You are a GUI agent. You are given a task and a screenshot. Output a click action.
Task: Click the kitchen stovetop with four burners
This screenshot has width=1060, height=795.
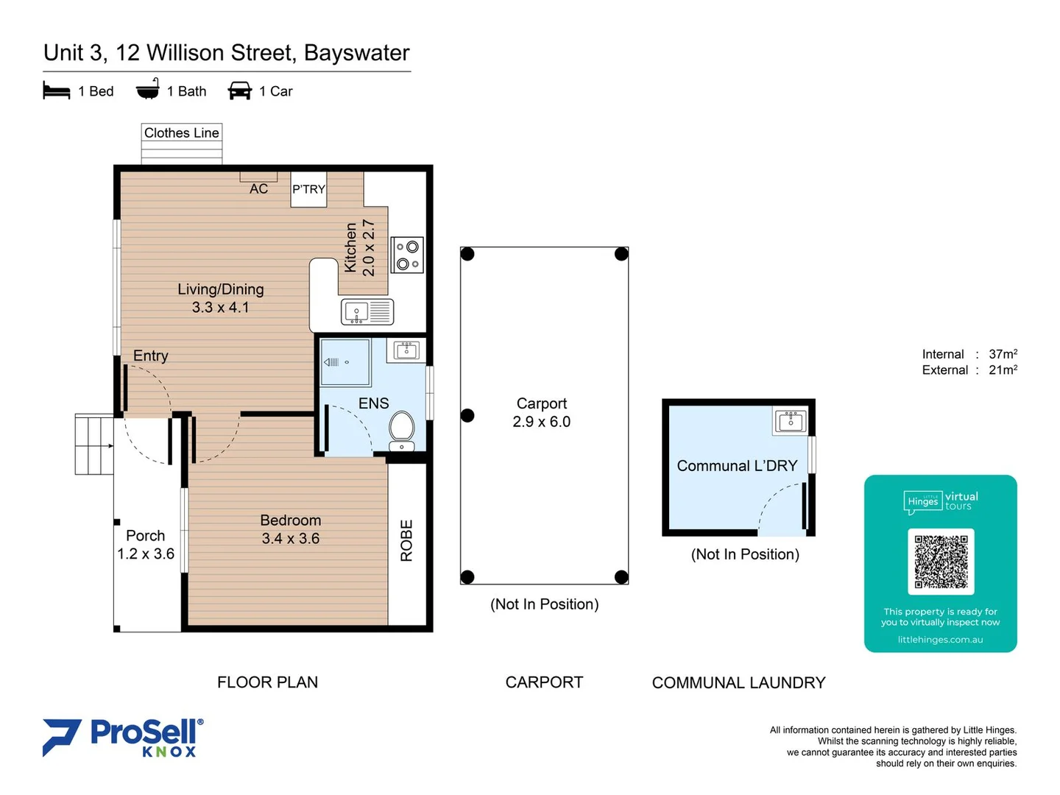[407, 255]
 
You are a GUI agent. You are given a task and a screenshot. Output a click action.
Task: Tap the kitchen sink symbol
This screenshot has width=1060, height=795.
[367, 312]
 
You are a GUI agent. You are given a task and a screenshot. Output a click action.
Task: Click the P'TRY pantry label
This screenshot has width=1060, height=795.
[308, 189]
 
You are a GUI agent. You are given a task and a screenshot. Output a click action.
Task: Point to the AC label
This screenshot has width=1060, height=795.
[258, 189]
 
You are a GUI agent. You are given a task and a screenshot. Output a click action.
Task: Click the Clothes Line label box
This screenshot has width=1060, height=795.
[182, 133]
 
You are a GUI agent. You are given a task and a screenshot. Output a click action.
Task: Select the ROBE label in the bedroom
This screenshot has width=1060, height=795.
[406, 541]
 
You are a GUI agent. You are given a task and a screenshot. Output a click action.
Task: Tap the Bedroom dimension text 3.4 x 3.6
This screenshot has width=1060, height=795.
[290, 539]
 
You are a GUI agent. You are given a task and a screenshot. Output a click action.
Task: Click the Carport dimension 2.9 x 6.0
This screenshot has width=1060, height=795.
[542, 422]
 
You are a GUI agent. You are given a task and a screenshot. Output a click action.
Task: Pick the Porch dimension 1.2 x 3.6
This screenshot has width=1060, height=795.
[146, 554]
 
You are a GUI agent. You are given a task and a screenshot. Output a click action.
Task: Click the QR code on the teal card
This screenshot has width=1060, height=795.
[941, 562]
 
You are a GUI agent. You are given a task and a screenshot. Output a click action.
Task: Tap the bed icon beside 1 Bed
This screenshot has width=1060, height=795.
[57, 91]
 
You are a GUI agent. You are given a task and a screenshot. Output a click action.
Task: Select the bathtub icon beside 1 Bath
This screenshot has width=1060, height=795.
[148, 90]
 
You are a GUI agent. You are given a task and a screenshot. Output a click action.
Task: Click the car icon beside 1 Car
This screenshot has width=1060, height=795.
[240, 91]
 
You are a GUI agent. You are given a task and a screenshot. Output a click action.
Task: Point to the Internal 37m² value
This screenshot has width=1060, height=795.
[1003, 354]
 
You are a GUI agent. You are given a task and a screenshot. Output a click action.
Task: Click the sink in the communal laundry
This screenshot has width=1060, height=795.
[791, 421]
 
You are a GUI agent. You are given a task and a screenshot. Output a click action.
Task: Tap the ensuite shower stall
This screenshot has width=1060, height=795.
[345, 362]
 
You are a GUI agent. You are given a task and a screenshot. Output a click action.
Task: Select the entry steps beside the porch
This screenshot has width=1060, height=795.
[93, 445]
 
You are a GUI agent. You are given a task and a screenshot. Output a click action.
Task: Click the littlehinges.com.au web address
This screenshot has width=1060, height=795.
[940, 640]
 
